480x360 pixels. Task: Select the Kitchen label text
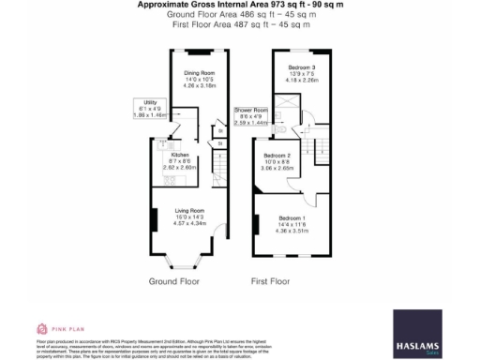pos(181,155)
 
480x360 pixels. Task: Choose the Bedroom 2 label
pos(277,155)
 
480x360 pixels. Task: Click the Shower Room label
pos(251,110)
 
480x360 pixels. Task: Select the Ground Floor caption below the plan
pos(174,280)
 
